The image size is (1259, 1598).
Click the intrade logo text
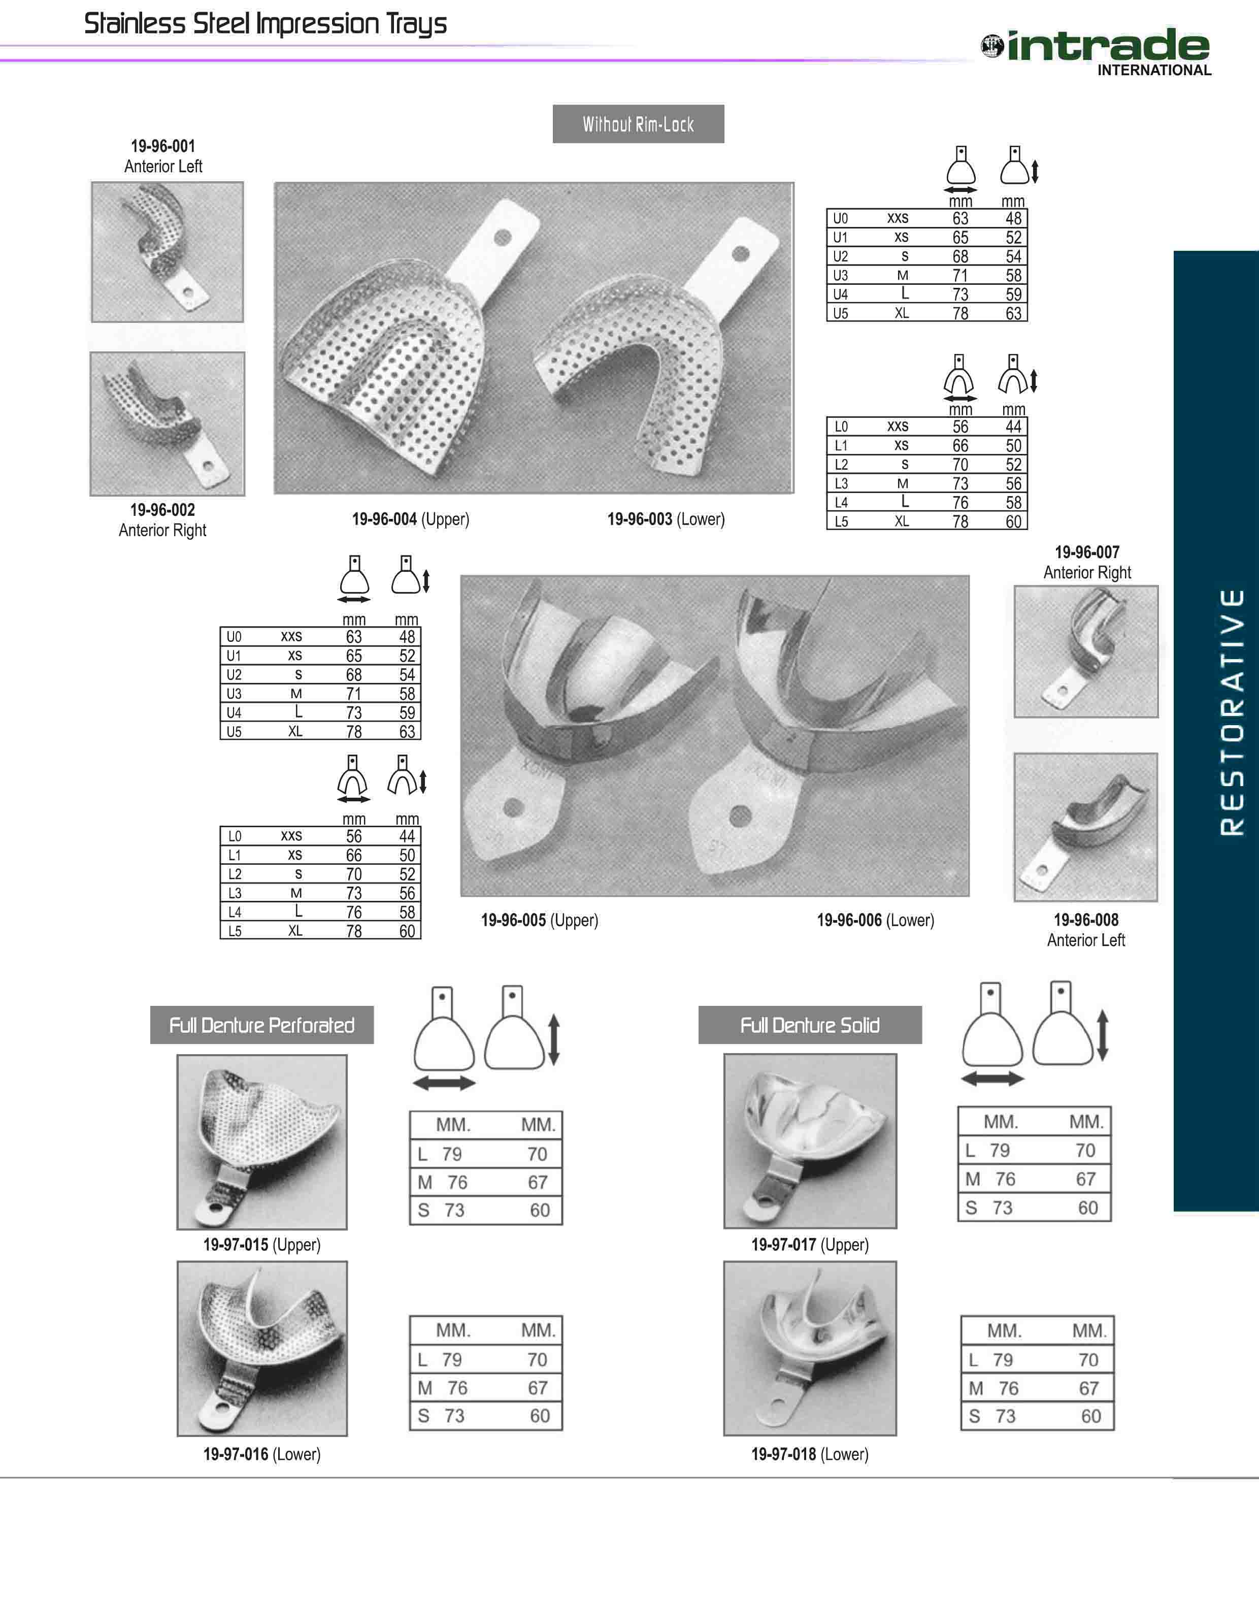coord(1108,46)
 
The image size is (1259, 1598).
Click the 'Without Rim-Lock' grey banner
coord(638,124)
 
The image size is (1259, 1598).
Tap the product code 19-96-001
coord(163,146)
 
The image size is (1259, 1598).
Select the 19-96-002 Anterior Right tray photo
coord(168,424)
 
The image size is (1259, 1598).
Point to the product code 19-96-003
coord(640,519)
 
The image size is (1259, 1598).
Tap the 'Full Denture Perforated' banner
coord(261,1025)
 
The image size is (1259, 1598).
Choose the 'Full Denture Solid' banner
coord(810,1025)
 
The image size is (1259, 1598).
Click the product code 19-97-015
coord(236,1245)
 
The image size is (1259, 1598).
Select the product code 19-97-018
coord(783,1454)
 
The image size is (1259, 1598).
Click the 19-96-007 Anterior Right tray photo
coord(1086,651)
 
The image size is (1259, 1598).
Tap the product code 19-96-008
coord(1086,920)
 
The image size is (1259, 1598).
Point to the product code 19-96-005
coord(514,920)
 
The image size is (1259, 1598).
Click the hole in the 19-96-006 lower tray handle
coord(740,816)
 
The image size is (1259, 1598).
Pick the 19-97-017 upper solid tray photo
coord(810,1141)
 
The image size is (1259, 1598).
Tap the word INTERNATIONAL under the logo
coord(1154,71)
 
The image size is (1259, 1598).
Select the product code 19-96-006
coord(849,920)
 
